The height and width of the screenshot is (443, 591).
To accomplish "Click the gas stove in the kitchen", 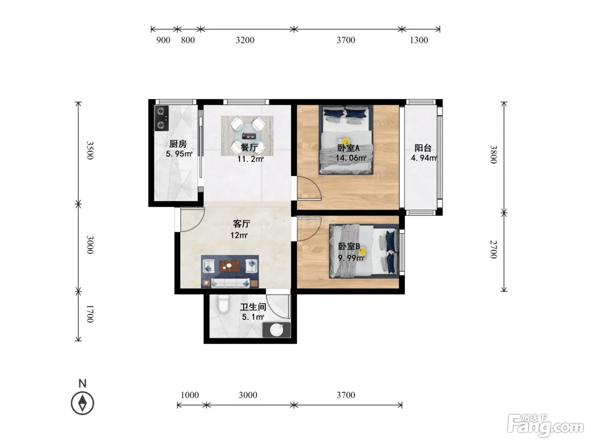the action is point(162,118).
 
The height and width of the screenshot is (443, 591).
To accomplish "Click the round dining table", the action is point(248,135).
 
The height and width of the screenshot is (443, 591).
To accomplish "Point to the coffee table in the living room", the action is point(230,266).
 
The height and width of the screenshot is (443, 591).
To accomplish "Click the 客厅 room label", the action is point(241,224).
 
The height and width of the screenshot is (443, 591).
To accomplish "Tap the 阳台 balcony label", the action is point(423,148).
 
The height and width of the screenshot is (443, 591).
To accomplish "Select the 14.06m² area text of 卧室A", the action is point(351,158).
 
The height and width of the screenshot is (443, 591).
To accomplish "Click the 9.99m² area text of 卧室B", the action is point(351,258).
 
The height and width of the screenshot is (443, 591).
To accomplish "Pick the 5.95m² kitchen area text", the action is point(179,154).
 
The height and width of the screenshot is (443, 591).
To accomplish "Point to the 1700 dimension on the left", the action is point(90,314).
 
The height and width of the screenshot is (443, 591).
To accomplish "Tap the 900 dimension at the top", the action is point(163,40).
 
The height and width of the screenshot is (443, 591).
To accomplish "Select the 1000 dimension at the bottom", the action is point(190,395).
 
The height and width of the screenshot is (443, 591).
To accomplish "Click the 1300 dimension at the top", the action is point(419,40).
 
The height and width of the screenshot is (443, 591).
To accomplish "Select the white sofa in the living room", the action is point(230,283).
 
